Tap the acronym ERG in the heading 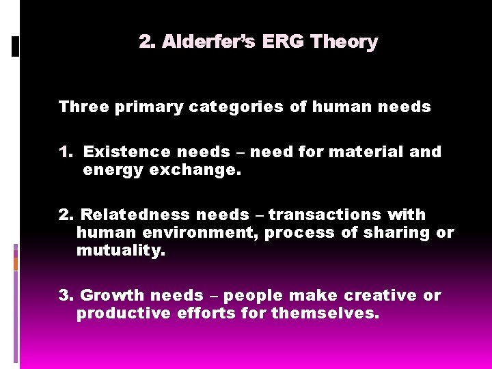pos(284,42)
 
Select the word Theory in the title pos(344,42)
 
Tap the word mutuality pos(120,250)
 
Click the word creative pos(382,295)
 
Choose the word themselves pos(325,313)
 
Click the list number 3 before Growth pos(66,295)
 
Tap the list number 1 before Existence pos(65,152)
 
